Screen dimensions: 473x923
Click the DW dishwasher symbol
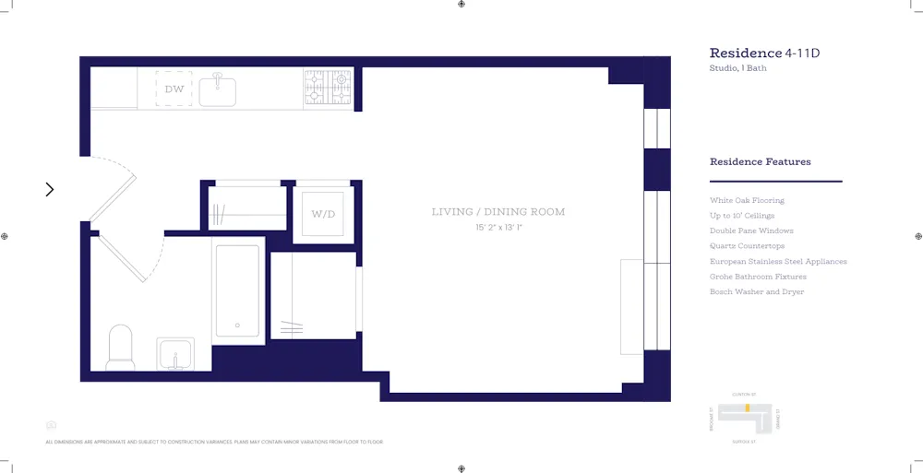[x=174, y=89]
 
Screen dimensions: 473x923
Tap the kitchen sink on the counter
[x=218, y=90]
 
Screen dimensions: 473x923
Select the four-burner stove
[x=328, y=89]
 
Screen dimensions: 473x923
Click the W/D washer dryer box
[x=323, y=215]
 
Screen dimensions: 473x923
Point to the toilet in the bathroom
[x=121, y=347]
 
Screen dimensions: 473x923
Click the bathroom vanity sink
[x=174, y=354]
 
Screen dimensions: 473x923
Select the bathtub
[x=237, y=290]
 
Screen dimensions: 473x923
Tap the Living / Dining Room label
[x=498, y=212]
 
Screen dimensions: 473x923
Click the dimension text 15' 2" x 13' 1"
[x=498, y=227]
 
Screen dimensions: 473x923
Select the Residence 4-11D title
[x=764, y=53]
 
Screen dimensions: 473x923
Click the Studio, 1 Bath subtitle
[x=737, y=68]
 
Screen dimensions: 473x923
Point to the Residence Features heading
[x=760, y=162]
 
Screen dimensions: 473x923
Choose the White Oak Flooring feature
[x=747, y=200]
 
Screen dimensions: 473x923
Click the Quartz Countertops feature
[x=747, y=246]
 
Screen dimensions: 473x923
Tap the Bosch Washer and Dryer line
[x=757, y=292]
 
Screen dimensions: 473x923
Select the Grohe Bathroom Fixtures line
[x=758, y=277]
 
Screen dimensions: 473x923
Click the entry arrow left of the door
[x=50, y=189]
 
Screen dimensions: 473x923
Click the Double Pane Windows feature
[x=751, y=231]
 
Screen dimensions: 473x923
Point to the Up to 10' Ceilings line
[x=742, y=216]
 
